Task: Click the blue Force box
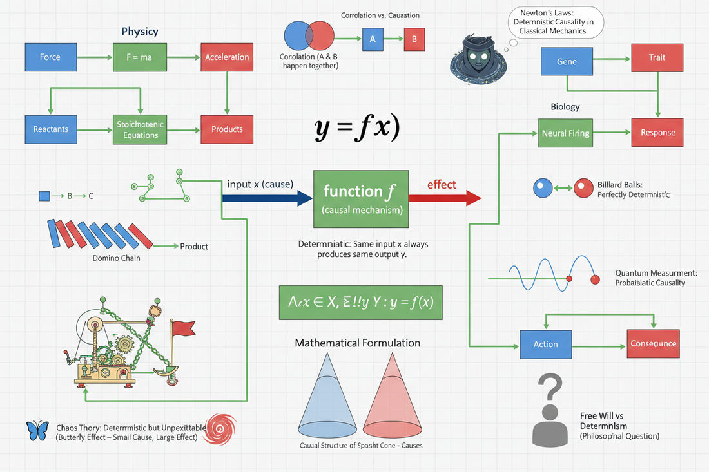50,57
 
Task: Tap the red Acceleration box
227,57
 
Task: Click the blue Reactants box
50,129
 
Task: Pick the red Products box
227,129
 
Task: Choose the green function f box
360,198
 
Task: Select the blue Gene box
567,62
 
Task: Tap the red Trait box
656,57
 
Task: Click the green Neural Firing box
565,133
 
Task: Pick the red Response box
657,133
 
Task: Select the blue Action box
545,344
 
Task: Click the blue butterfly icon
37,431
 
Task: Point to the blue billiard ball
541,188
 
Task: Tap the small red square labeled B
414,39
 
